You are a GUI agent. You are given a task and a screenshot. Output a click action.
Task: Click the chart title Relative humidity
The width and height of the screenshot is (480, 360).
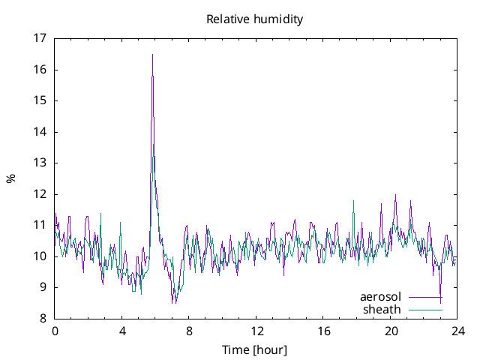click(x=255, y=19)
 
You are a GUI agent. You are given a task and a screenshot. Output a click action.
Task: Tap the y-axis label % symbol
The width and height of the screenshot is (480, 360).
click(x=11, y=178)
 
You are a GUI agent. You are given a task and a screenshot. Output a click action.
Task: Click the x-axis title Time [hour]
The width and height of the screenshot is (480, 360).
click(x=255, y=350)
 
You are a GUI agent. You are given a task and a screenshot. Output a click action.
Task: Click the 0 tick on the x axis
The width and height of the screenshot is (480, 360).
click(x=55, y=330)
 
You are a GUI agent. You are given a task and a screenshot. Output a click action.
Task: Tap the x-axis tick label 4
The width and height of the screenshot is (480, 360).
click(x=122, y=330)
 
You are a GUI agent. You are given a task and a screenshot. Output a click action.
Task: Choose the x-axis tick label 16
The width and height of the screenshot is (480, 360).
click(x=324, y=330)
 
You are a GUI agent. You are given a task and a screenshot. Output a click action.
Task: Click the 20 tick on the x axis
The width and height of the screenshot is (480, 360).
click(x=391, y=330)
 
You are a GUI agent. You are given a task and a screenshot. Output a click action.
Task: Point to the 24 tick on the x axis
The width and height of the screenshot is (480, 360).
click(x=458, y=330)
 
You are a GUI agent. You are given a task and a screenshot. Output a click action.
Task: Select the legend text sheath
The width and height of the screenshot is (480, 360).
click(x=382, y=309)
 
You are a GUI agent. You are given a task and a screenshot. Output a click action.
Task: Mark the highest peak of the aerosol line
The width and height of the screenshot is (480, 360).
click(x=152, y=54)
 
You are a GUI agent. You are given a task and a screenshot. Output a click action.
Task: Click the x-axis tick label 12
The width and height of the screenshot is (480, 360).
click(x=256, y=330)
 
